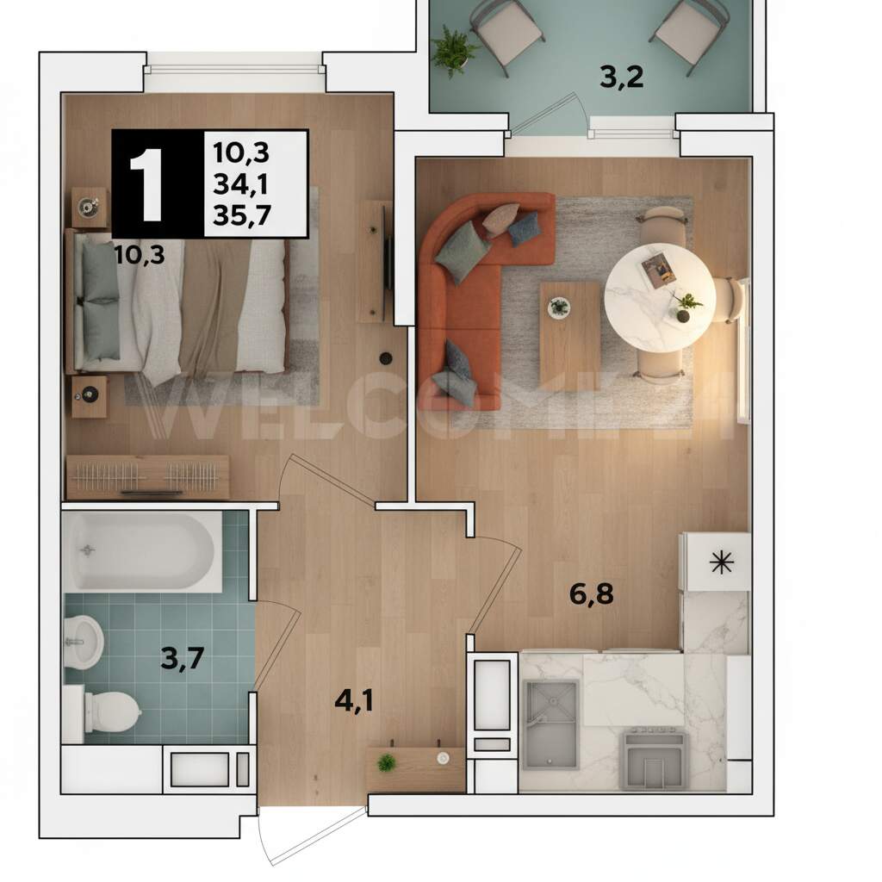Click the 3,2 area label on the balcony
[x=622, y=77]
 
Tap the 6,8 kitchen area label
[x=591, y=594]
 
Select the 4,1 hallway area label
[x=354, y=701]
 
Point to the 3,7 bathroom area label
[x=182, y=658]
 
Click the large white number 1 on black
[x=146, y=184]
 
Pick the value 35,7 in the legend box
[x=242, y=214]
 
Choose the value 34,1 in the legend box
[x=241, y=184]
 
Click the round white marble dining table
[x=660, y=297]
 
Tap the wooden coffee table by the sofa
[x=570, y=336]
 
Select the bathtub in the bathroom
[x=142, y=551]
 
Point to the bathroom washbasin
[x=84, y=641]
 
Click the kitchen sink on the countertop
[x=550, y=724]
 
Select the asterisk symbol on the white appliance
[x=722, y=562]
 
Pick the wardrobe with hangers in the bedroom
[x=147, y=477]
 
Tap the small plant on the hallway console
[x=386, y=763]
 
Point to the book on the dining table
[x=659, y=270]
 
